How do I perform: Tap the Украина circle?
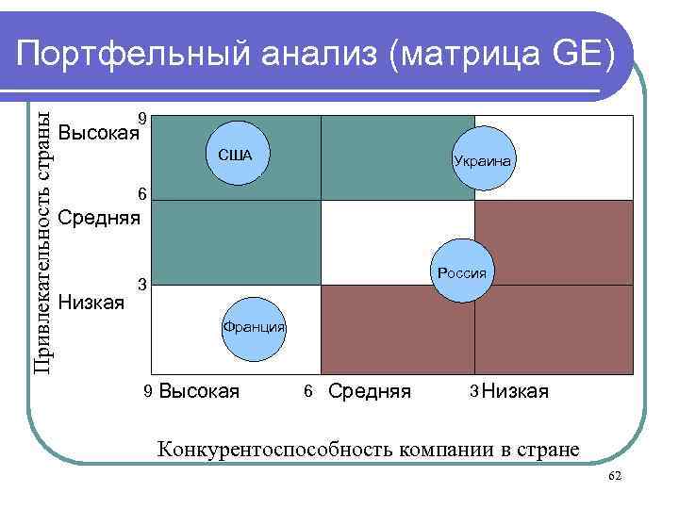tap(482, 161)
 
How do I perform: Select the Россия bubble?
tap(461, 273)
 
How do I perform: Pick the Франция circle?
tap(253, 327)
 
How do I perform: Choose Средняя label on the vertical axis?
tap(98, 219)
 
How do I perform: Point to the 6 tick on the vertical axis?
tap(141, 195)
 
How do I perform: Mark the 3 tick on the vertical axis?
tap(141, 284)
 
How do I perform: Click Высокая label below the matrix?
tap(199, 390)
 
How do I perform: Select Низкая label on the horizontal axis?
tap(515, 390)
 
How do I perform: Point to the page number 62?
tap(614, 478)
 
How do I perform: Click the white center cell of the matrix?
tap(397, 242)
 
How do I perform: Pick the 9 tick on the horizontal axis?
tap(148, 390)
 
